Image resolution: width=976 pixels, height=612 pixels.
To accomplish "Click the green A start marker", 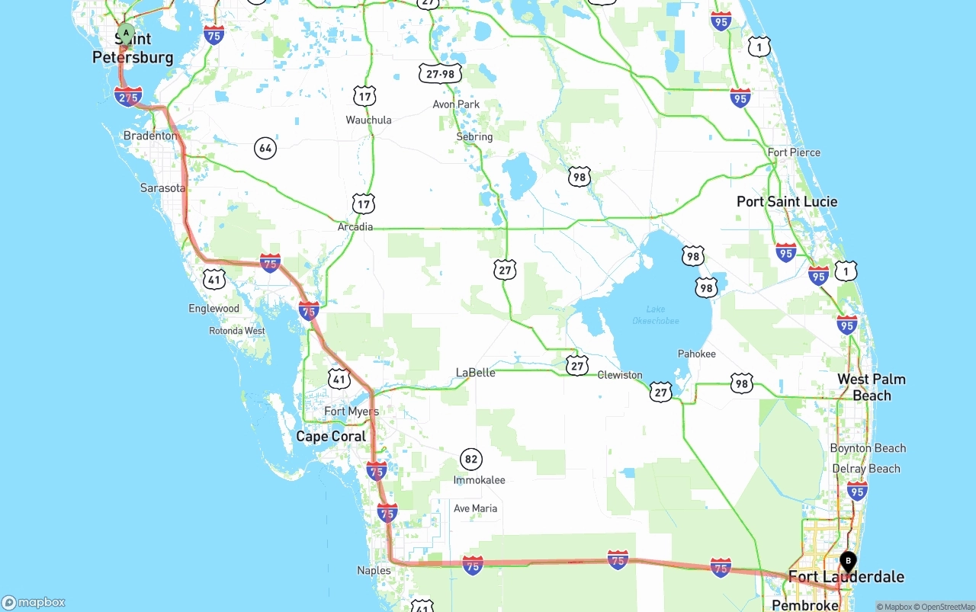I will (x=126, y=34).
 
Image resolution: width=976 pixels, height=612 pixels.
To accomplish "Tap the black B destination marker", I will (x=847, y=562).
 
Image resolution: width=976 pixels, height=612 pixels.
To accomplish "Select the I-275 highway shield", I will (x=128, y=97).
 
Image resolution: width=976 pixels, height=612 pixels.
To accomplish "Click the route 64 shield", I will (x=265, y=148).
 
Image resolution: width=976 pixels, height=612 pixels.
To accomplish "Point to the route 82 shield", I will (x=471, y=459).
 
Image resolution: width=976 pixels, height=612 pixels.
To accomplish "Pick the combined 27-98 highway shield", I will (x=440, y=73).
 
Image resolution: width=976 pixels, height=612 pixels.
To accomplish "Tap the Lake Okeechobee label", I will (x=656, y=315).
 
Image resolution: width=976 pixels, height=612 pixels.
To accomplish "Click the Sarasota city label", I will (x=162, y=187).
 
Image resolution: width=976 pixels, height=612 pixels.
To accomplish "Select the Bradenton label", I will (x=150, y=136).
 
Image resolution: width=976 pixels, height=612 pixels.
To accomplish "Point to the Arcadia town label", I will (x=355, y=226).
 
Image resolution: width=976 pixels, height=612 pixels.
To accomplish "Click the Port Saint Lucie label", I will (x=787, y=201).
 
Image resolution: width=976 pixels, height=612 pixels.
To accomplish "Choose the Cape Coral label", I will (x=331, y=436).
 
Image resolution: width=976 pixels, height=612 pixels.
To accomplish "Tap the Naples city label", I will (x=374, y=570).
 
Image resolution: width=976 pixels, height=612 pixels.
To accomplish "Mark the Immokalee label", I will (x=479, y=480).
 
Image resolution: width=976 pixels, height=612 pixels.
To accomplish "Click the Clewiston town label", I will (x=620, y=375).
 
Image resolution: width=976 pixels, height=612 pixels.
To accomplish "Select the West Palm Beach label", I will (x=872, y=387).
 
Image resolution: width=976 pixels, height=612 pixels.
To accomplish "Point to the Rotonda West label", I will (x=237, y=331).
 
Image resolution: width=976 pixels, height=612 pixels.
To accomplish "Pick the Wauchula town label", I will (x=368, y=120).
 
